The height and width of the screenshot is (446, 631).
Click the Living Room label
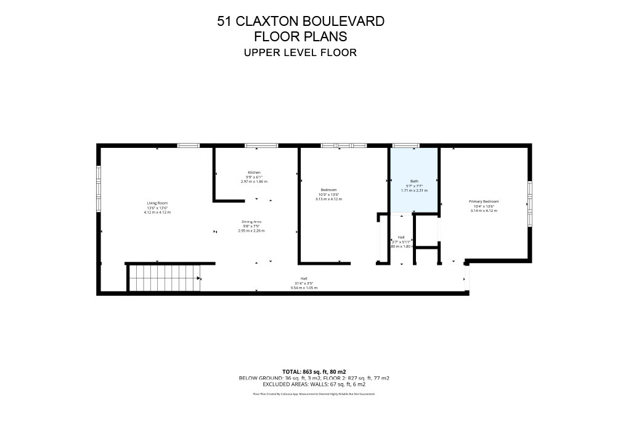(x=157, y=203)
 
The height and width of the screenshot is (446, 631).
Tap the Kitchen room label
(x=254, y=172)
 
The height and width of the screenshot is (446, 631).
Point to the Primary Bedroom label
(x=484, y=201)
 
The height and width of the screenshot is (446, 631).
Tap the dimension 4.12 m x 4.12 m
(x=157, y=213)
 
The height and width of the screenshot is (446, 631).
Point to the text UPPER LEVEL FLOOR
(x=301, y=52)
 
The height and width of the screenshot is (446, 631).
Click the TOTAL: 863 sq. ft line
(x=314, y=371)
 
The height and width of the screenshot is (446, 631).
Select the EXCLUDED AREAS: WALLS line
(x=314, y=384)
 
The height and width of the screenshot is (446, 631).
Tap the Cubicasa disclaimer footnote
(x=314, y=393)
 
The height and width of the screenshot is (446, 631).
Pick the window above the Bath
(x=405, y=145)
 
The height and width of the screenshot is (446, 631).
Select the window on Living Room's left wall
(x=99, y=189)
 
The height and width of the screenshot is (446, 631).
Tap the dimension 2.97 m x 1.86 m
(x=254, y=182)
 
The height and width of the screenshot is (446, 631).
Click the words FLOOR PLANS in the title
(x=301, y=36)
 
